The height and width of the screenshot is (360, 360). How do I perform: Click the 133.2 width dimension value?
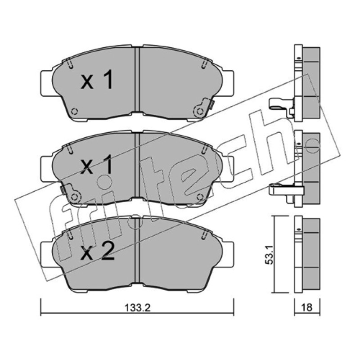click(137, 308)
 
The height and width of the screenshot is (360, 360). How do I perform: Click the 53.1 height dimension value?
click(269, 254)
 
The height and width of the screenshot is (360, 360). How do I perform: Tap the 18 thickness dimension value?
click(306, 307)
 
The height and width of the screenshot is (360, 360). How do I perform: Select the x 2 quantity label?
click(97, 252)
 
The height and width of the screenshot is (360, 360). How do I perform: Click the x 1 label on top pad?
click(97, 80)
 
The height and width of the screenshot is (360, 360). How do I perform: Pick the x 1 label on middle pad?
click(97, 164)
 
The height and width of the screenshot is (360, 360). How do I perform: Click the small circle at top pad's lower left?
click(74, 112)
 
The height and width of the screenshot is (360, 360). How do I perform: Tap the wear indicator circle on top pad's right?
click(199, 112)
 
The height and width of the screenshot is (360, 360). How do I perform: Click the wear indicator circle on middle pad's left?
click(74, 197)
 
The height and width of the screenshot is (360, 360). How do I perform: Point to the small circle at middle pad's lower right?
click(200, 197)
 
